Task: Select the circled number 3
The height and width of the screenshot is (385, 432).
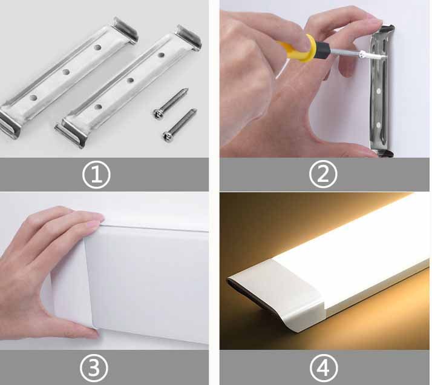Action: [x=96, y=367]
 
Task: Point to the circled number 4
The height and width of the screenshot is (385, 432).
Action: [x=322, y=367]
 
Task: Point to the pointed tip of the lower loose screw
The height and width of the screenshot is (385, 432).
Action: [x=195, y=110]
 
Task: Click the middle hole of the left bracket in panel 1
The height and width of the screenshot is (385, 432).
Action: [x=65, y=72]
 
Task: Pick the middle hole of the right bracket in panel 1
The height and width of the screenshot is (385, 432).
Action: [x=129, y=79]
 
